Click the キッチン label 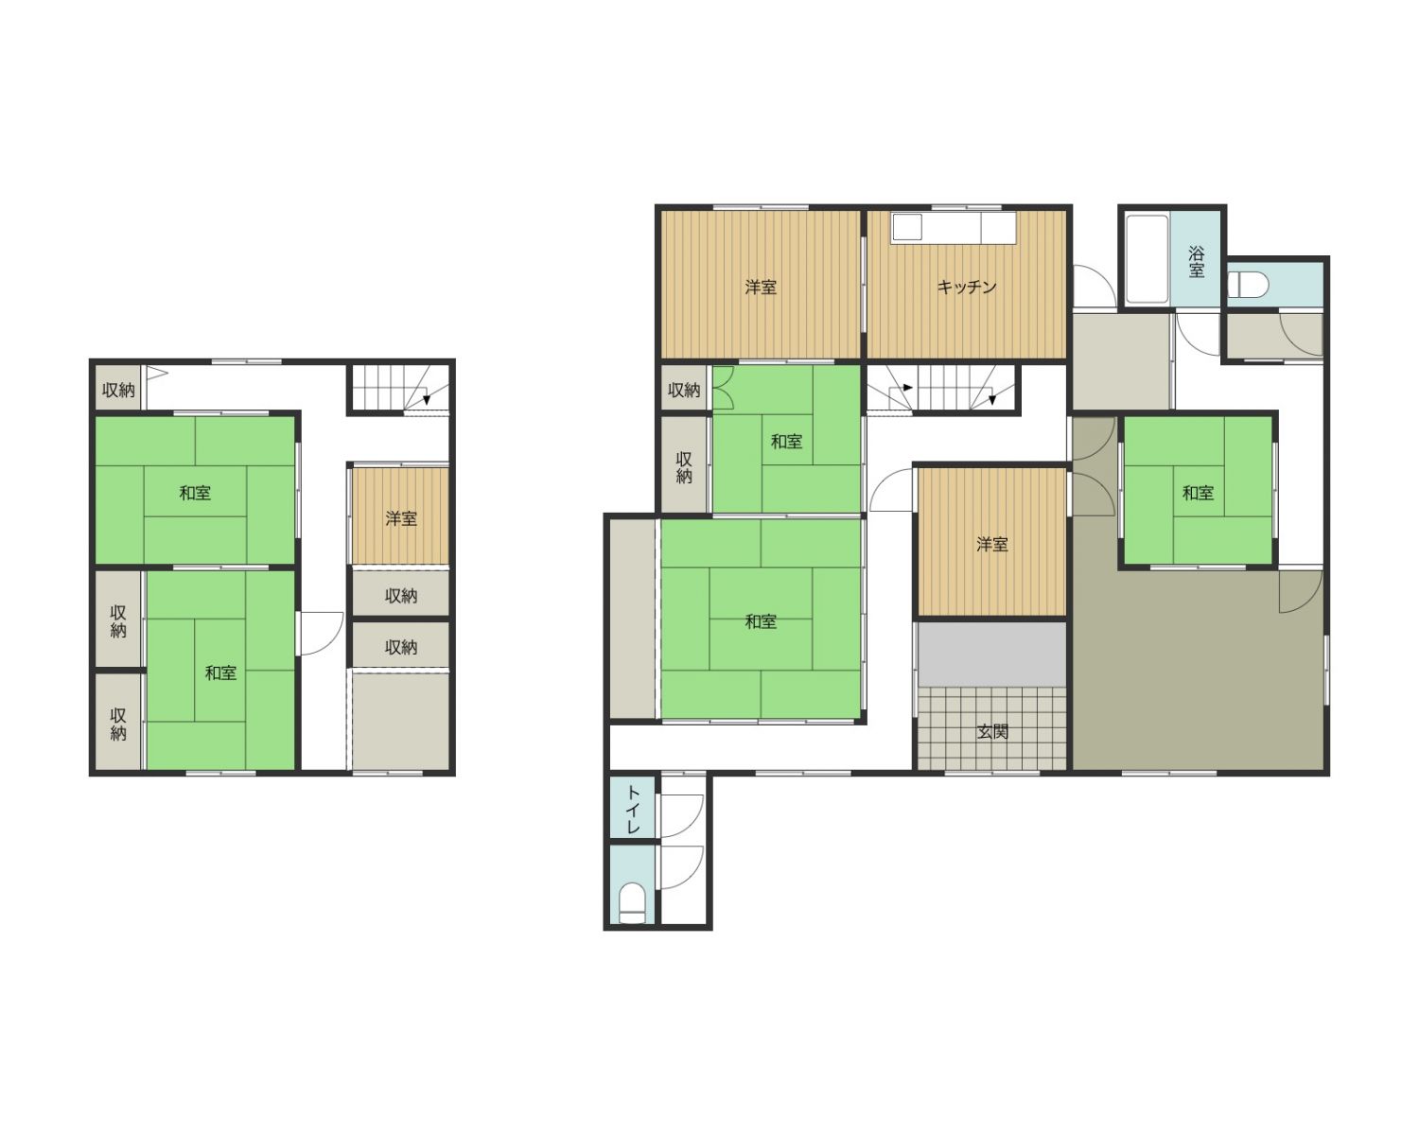coord(966,287)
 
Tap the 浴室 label coord(1197,262)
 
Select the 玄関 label coord(991,731)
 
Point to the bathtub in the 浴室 coord(1147,259)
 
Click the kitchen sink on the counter coord(908,226)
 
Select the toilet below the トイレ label coord(633,903)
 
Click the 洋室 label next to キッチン coord(761,287)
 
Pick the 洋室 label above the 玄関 coord(991,544)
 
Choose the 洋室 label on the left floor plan coord(401,518)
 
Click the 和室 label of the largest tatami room coord(761,621)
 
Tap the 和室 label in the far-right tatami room coord(1198,493)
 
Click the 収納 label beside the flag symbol coord(118,390)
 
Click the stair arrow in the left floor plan coord(427,398)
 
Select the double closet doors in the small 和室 coord(724,387)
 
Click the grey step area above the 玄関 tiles coord(991,654)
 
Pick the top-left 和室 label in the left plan coord(195,493)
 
